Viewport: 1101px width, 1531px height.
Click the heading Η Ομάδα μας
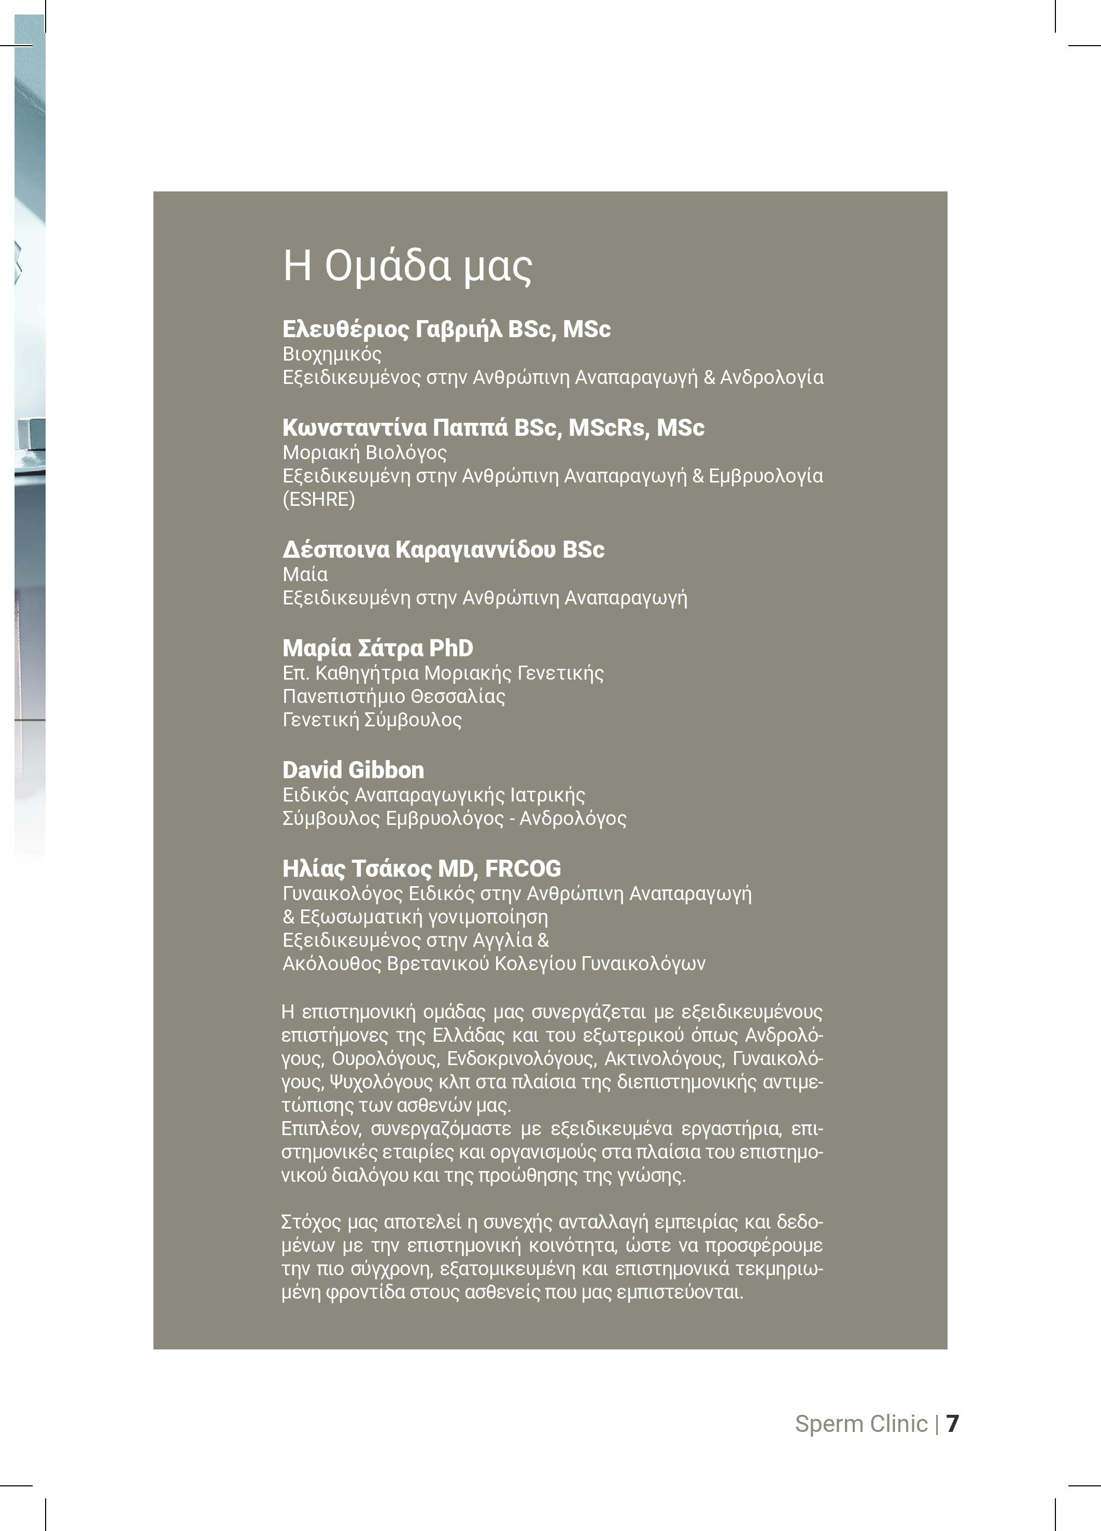tap(407, 266)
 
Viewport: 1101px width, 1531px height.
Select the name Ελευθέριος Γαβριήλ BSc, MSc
tap(446, 329)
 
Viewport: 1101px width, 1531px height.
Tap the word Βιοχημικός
tap(332, 354)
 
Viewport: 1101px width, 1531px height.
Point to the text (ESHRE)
tap(318, 500)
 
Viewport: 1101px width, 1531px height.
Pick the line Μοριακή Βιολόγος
tap(364, 452)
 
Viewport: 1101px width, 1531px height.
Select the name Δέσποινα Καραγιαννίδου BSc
tap(443, 549)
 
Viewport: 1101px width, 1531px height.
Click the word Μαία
tap(305, 574)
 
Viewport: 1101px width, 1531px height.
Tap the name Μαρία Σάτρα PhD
tap(378, 648)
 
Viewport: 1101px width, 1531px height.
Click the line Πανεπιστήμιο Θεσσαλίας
tap(394, 697)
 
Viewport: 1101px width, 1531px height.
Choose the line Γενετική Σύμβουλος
tap(372, 720)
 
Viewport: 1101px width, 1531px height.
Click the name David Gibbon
tap(354, 770)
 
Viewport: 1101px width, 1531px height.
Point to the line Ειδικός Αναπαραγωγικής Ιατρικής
tap(434, 795)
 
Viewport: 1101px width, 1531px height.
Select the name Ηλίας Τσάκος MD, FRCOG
tap(421, 869)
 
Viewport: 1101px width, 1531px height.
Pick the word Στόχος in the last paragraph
tap(311, 1222)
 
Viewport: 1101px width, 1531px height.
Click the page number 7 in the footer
tap(952, 1424)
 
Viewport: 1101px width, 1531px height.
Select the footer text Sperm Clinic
tap(861, 1424)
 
